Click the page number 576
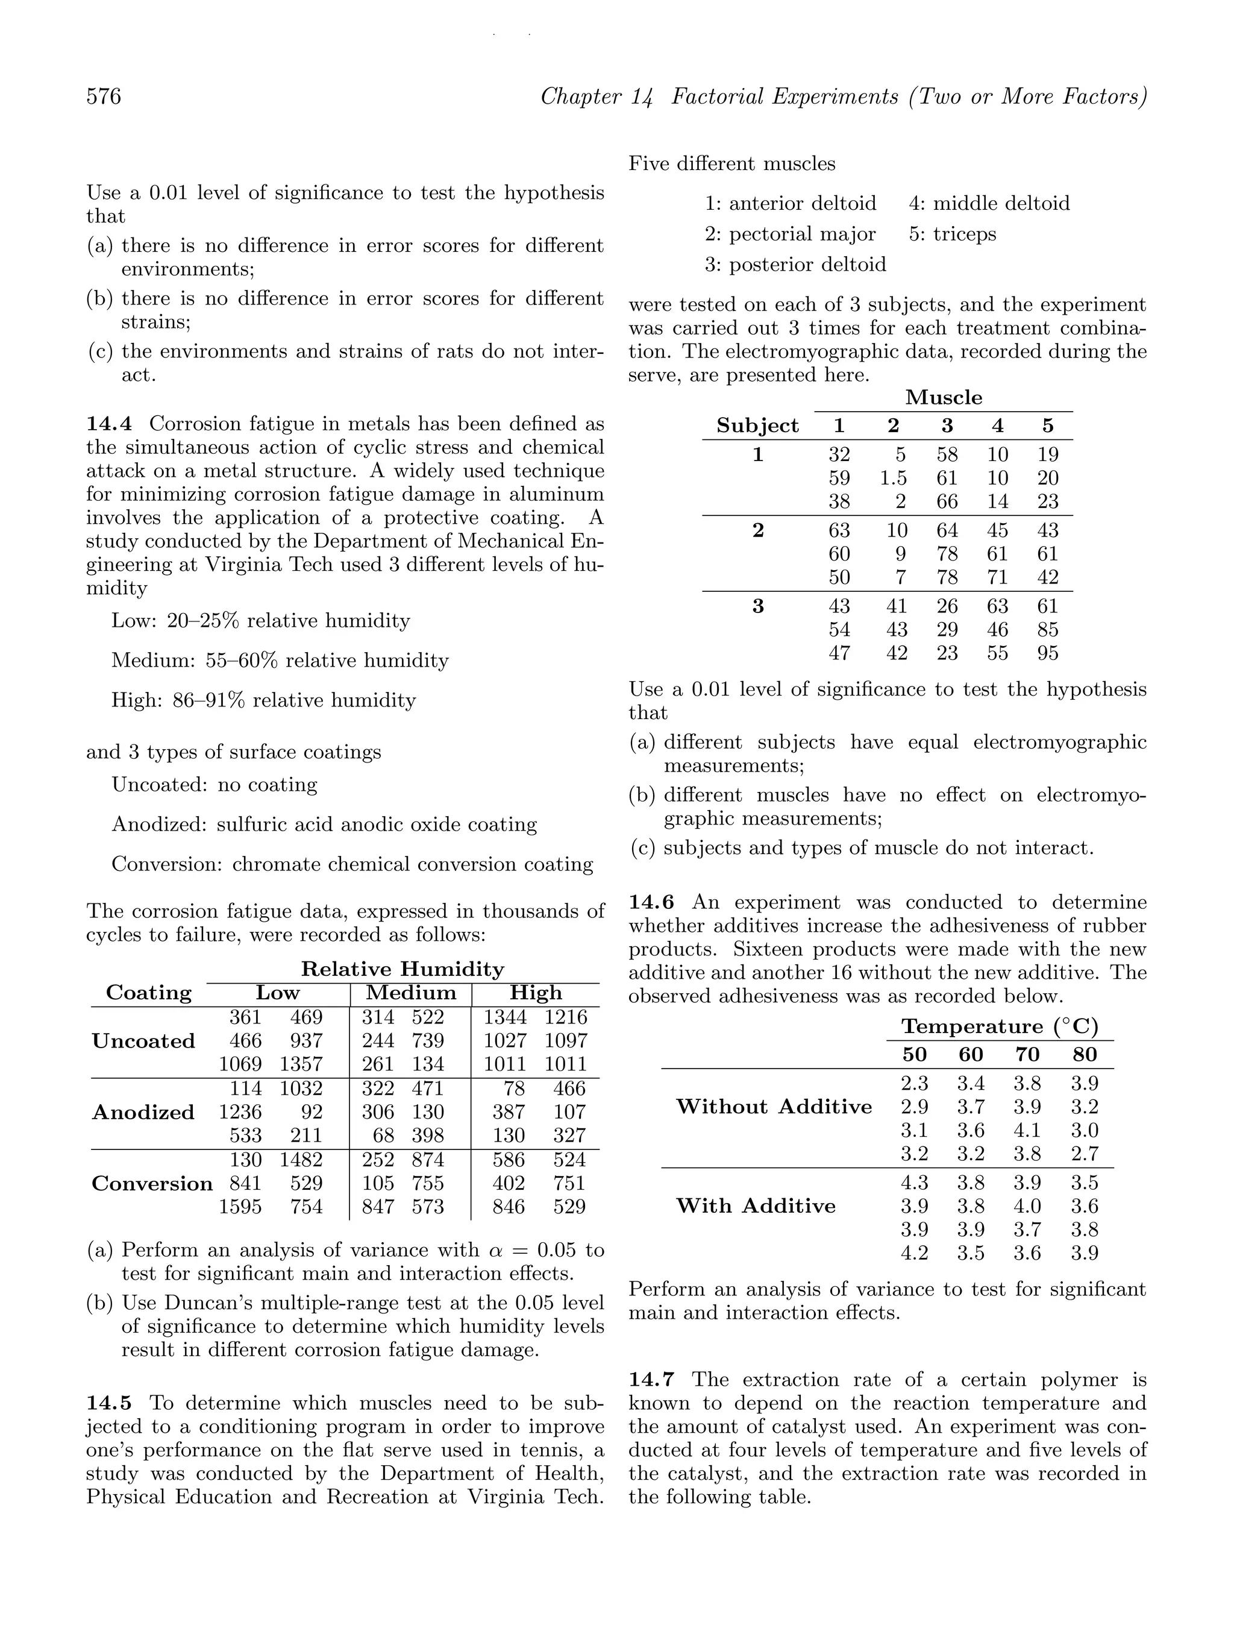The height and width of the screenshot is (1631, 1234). pyautogui.click(x=104, y=96)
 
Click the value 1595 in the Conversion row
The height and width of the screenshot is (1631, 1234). pyautogui.click(x=240, y=1207)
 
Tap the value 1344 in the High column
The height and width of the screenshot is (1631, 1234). pyautogui.click(x=505, y=1017)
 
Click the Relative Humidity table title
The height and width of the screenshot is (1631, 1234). pyautogui.click(x=402, y=970)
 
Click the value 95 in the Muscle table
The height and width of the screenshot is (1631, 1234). pyautogui.click(x=1047, y=653)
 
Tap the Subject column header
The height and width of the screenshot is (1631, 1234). pyautogui.click(x=757, y=426)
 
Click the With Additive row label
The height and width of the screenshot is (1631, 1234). pyautogui.click(x=756, y=1206)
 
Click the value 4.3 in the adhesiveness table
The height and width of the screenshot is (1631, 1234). pyautogui.click(x=914, y=1183)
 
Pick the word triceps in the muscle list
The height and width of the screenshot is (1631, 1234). pyautogui.click(x=964, y=234)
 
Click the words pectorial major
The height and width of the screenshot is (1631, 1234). pyautogui.click(x=802, y=234)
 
